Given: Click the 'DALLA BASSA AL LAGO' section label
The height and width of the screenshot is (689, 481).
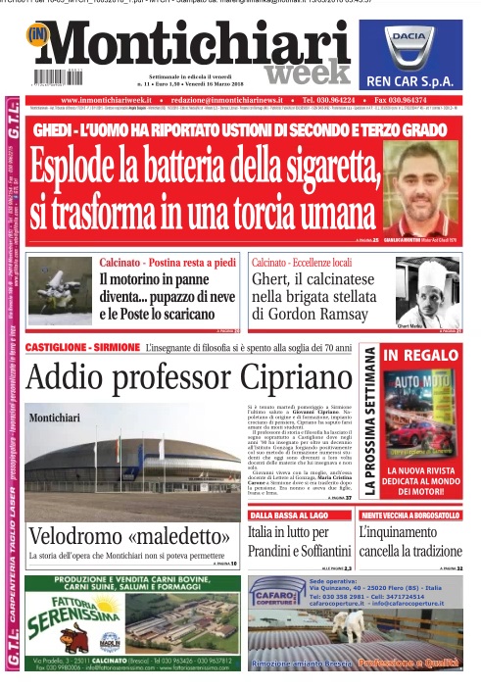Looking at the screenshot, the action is [290, 514].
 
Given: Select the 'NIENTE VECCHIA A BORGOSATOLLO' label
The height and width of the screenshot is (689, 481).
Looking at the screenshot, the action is [409, 514].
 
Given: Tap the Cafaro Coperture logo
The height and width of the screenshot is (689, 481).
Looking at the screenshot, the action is [277, 591].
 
